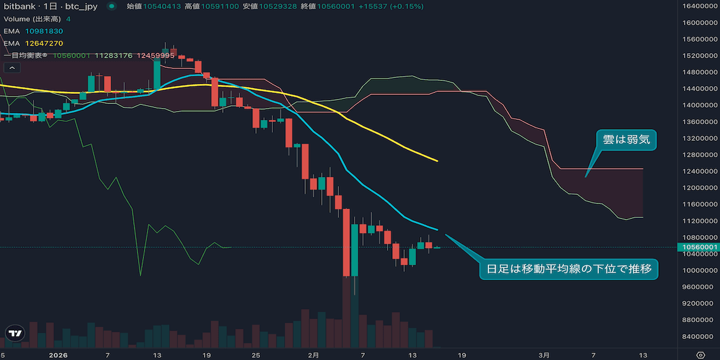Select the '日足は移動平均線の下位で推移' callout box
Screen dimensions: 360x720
tap(569, 268)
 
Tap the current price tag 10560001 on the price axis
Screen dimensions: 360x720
tap(698, 247)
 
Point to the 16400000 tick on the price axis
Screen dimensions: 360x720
tap(698, 6)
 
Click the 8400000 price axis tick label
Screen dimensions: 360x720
tap(698, 336)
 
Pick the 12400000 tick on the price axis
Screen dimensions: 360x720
tap(698, 171)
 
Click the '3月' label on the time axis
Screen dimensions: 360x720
tap(544, 355)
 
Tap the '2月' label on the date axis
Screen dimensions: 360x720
tap(313, 355)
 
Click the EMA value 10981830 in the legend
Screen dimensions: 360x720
tap(44, 31)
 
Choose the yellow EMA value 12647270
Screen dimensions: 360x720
tap(44, 43)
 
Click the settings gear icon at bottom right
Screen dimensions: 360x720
tap(700, 355)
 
